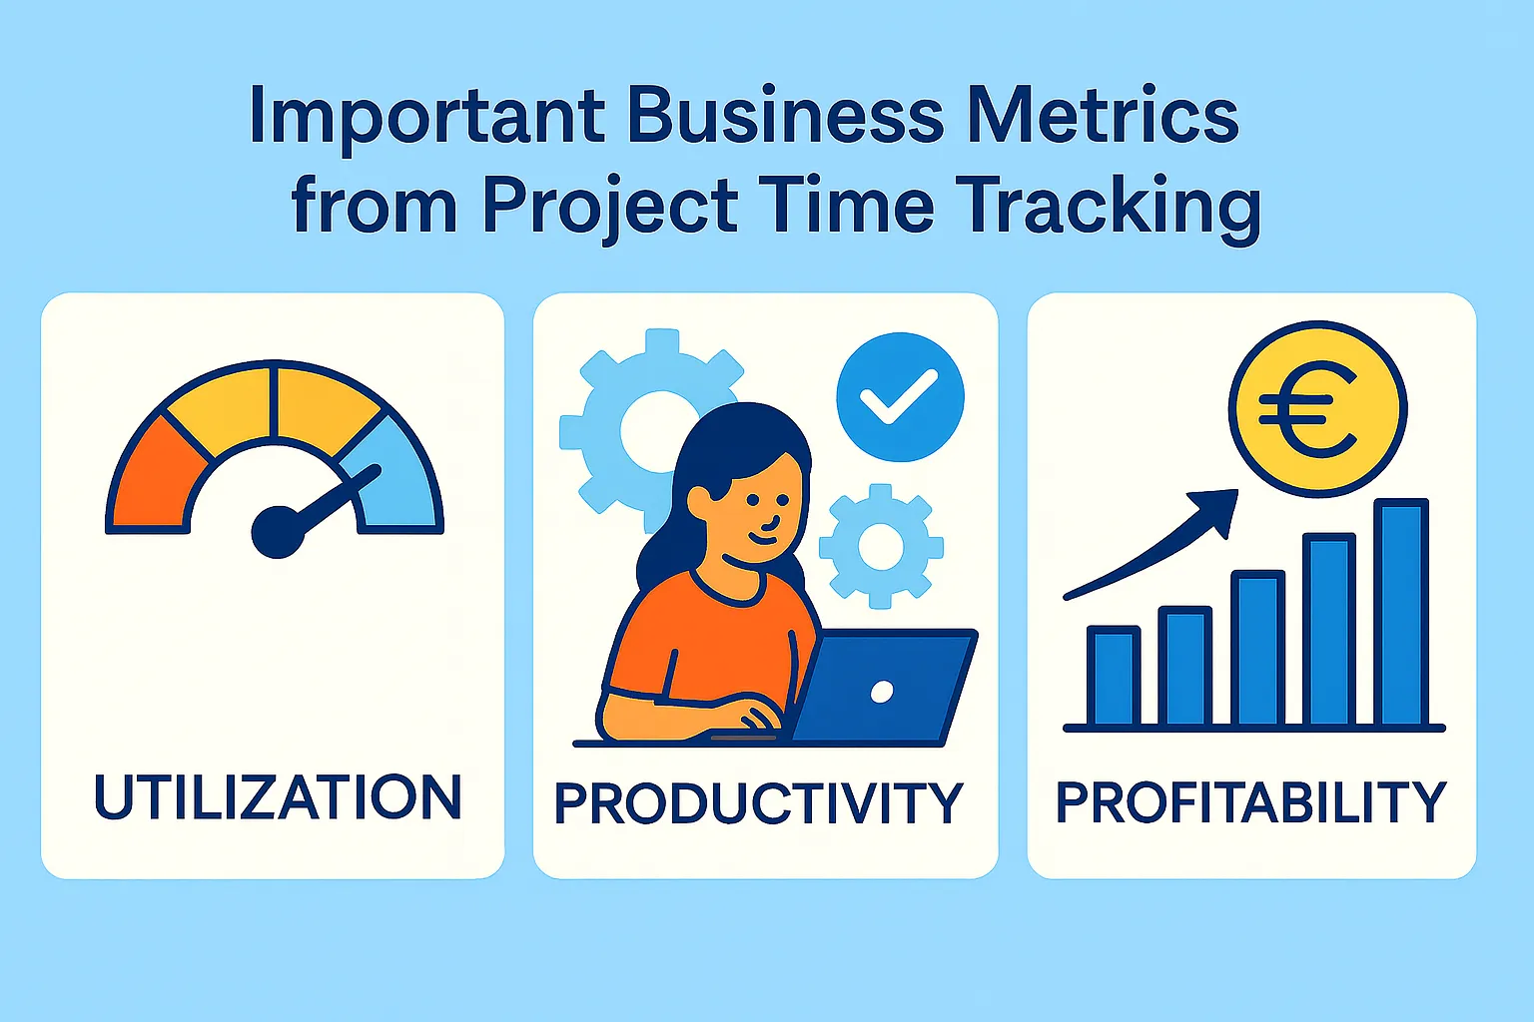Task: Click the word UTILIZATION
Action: (278, 796)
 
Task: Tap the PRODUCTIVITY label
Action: (758, 803)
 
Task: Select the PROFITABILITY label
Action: (1250, 801)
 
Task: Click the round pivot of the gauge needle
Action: (277, 531)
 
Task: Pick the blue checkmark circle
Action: (900, 397)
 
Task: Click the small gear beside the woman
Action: (880, 546)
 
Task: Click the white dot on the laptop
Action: (881, 692)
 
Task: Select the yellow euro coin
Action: (1317, 408)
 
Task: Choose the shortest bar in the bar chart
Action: (1114, 676)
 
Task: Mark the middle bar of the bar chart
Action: (1257, 648)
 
